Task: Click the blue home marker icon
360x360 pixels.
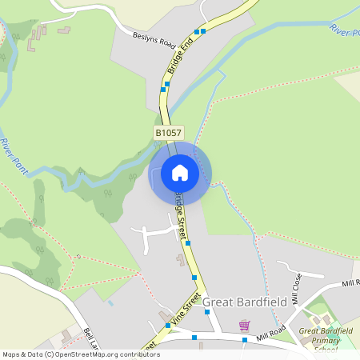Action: point(180,172)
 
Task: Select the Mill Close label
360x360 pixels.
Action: point(295,288)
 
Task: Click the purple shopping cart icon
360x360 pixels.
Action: point(244,325)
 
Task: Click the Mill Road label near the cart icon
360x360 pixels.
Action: point(272,335)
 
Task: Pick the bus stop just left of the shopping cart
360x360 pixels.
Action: point(207,312)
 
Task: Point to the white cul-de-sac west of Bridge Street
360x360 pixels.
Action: point(156,235)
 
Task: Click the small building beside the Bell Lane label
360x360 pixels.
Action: point(66,335)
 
